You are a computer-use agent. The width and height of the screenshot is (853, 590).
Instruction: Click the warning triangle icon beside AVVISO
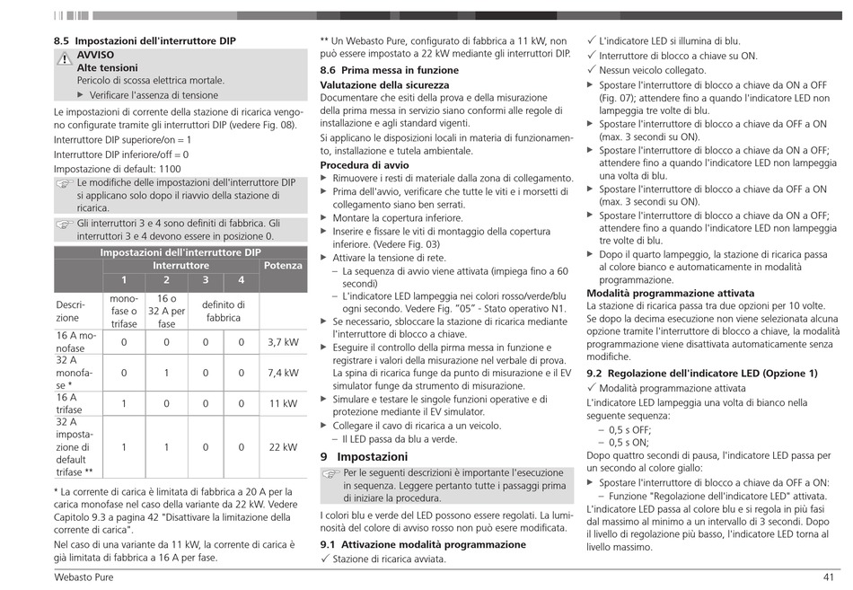[64, 59]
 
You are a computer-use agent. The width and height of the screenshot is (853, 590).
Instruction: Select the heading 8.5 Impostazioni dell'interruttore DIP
[145, 41]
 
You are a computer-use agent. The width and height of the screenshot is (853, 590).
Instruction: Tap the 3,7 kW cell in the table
[283, 342]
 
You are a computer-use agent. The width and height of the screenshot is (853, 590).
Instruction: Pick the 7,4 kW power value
[283, 373]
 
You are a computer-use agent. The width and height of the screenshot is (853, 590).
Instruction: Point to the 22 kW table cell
[283, 447]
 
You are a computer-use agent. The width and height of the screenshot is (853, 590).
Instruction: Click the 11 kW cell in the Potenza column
[283, 404]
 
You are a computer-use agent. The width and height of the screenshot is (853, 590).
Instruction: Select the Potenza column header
[283, 266]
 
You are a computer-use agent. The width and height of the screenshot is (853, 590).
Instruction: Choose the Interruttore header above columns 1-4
[180, 266]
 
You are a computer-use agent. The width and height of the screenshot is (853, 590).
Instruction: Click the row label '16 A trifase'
[76, 404]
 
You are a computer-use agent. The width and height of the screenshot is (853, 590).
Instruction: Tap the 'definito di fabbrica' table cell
[223, 311]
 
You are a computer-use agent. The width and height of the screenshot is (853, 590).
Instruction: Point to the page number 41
[829, 577]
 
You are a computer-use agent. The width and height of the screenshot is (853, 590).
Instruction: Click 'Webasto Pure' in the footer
[84, 577]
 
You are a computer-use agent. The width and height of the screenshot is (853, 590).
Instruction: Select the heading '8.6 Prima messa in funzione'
[389, 70]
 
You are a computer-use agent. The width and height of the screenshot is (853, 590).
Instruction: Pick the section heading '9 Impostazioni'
[364, 456]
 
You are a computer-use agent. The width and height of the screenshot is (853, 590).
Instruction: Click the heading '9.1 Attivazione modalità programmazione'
[423, 544]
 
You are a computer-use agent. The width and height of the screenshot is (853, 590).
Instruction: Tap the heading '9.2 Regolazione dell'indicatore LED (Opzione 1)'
[702, 373]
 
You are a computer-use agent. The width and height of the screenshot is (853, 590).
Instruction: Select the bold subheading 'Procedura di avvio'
[365, 165]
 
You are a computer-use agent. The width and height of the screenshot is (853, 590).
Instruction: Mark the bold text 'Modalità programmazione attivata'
[670, 293]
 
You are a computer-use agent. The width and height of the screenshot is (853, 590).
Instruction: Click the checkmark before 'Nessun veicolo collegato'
[592, 70]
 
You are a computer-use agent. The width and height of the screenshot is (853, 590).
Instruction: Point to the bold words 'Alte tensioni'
[108, 67]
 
